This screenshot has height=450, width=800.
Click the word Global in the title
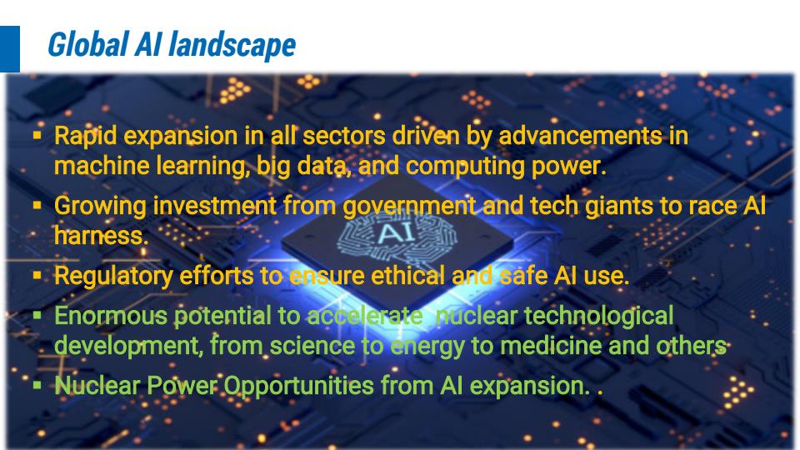87,44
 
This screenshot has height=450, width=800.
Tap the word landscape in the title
232,45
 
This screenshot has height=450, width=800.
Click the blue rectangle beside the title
10,49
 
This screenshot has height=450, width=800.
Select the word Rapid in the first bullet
86,137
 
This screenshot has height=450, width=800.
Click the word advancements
580,136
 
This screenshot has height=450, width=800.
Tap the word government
409,207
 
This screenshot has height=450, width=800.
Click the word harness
101,236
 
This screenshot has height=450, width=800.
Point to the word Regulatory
113,277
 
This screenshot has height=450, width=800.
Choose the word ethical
408,276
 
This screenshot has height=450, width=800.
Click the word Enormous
110,316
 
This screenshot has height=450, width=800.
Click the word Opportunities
298,386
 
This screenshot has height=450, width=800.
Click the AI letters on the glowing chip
394,233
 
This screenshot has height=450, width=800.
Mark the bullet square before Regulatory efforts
37,276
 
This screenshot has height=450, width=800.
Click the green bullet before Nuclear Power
37,385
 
